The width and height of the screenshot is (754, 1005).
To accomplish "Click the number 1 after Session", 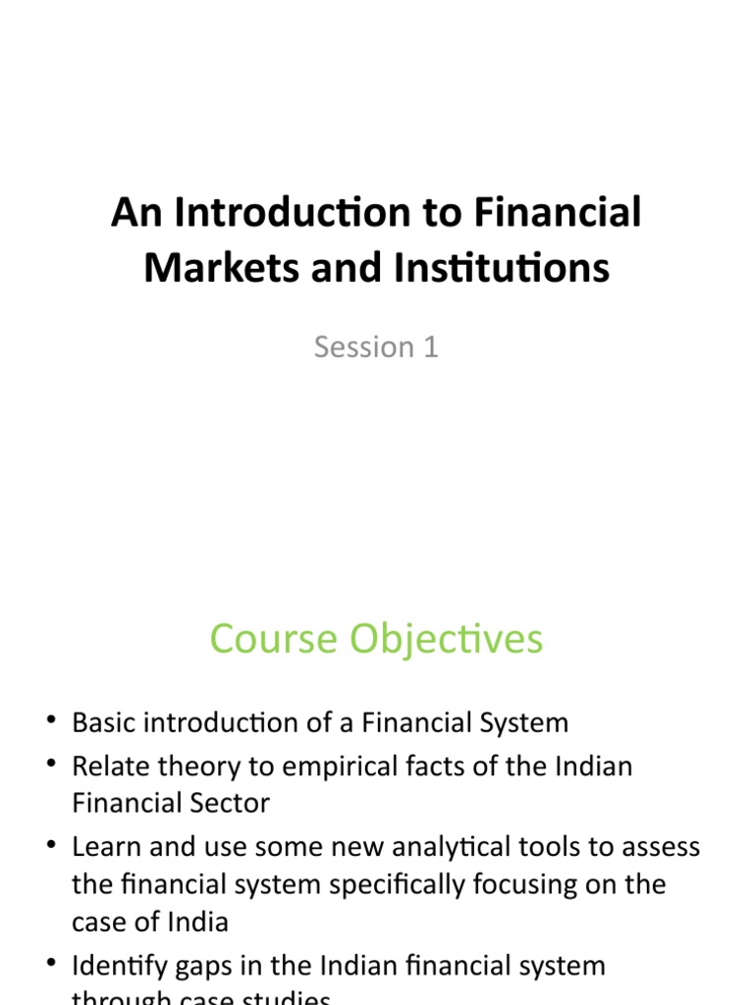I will (430, 346).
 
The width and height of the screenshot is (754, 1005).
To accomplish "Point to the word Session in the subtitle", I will (364, 346).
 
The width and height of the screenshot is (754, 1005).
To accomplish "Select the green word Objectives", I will (438, 639).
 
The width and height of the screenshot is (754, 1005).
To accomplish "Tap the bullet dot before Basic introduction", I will (50, 723).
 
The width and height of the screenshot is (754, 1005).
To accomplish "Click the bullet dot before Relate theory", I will (50, 766).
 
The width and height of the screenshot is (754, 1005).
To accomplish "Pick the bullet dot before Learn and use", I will (50, 846).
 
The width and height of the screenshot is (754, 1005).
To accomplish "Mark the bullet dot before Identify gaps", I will (50, 966).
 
